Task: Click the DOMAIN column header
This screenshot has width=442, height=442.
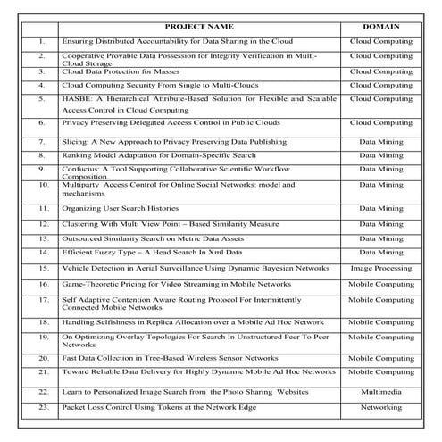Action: click(380, 27)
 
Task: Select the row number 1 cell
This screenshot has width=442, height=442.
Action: click(42, 41)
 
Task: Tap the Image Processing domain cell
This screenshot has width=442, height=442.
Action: click(380, 267)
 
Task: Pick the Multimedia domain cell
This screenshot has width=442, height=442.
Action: click(380, 391)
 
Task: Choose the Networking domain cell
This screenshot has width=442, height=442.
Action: click(380, 407)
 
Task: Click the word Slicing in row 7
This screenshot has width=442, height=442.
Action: click(74, 141)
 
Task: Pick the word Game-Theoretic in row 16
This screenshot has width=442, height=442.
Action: click(89, 283)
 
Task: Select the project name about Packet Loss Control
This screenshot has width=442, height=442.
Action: click(158, 407)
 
